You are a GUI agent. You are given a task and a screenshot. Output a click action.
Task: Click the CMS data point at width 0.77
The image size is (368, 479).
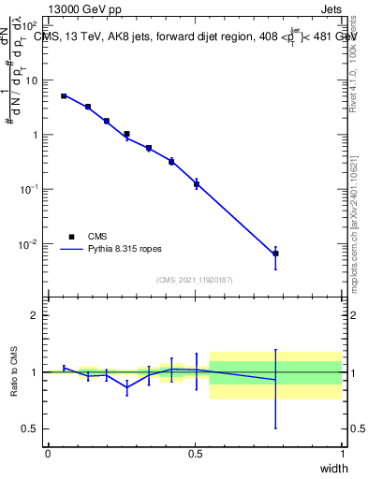[275, 254]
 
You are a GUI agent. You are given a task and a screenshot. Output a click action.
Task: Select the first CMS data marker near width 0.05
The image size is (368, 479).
[64, 95]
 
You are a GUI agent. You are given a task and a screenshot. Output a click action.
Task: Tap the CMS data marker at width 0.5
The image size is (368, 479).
[197, 183]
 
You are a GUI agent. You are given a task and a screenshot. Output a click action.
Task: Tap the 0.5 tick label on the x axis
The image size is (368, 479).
[195, 454]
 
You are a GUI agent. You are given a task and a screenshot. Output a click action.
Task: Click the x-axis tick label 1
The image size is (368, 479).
[343, 454]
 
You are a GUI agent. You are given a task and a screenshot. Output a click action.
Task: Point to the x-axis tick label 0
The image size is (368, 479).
[48, 454]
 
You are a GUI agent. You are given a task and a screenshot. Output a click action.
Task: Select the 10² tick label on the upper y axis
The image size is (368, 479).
[30, 25]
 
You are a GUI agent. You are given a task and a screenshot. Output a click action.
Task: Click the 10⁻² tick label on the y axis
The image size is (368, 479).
[28, 244]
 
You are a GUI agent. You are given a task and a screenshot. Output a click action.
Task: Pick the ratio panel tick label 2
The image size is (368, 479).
[36, 315]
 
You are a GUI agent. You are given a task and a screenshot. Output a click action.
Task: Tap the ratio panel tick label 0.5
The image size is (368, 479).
[32, 428]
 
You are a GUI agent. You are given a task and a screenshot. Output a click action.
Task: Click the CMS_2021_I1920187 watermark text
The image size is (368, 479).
[195, 279]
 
